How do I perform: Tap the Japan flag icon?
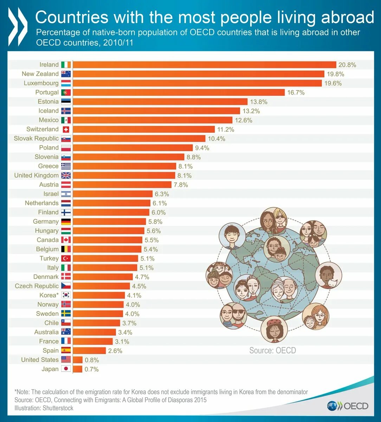66,369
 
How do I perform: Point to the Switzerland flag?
66,129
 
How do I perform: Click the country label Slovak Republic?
36,139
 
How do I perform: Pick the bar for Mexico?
153,120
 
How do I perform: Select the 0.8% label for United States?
92,360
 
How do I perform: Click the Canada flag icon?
66,240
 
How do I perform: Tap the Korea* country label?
48,295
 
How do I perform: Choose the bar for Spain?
90,351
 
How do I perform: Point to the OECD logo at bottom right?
348,406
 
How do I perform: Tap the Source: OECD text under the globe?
272,350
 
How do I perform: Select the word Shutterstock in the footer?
58,408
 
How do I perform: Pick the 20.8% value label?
347,65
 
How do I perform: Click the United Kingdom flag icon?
66,175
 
